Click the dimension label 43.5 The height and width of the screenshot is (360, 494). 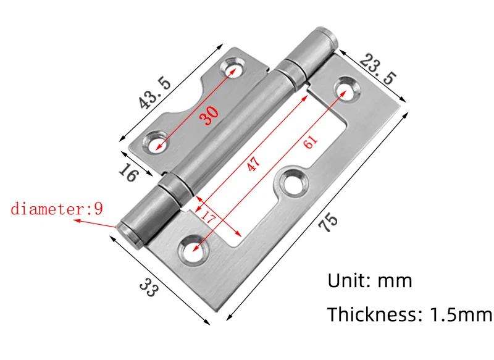[155, 93]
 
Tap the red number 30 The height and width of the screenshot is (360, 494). [209, 115]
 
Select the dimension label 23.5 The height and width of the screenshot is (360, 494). [378, 69]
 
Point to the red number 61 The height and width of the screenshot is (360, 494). [311, 141]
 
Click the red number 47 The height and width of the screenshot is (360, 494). [253, 163]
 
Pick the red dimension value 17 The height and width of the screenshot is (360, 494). [208, 217]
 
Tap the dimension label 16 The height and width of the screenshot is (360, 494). [128, 172]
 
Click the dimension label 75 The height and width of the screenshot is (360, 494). [328, 222]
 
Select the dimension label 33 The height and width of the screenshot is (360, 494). [148, 287]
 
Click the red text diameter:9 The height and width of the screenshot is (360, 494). [57, 209]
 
